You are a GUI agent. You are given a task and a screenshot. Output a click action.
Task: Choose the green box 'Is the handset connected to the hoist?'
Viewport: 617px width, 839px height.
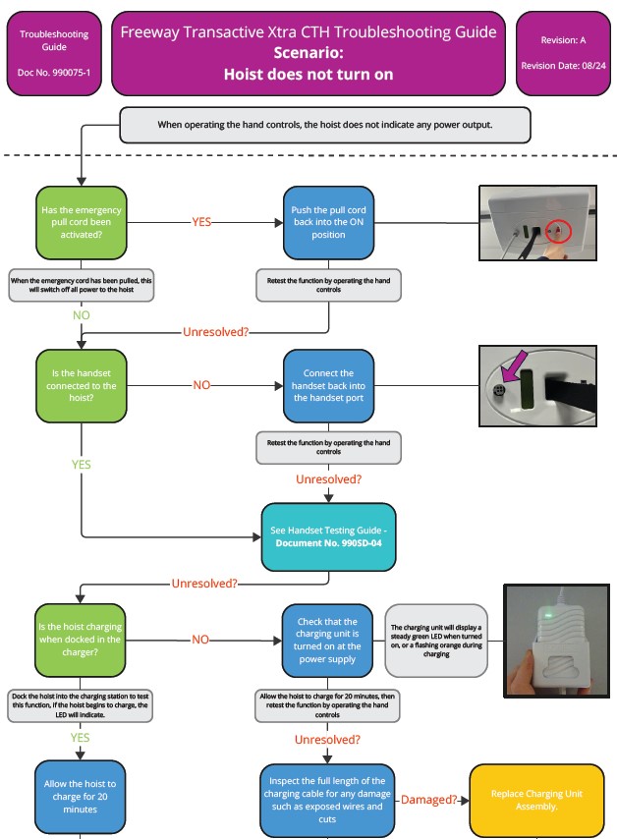(82, 386)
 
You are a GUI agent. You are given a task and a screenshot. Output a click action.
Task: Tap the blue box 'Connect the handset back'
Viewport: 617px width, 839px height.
(328, 386)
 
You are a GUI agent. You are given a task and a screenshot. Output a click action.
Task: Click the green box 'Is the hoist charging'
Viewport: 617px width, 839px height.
(82, 640)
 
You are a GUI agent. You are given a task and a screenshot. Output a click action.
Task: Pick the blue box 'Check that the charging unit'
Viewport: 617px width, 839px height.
(328, 640)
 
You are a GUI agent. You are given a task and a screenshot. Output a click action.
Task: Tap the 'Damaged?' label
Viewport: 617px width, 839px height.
(428, 800)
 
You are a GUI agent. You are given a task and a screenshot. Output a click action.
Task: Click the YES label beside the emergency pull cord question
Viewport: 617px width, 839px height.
(201, 222)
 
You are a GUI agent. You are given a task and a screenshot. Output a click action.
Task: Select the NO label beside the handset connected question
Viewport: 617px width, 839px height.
(201, 385)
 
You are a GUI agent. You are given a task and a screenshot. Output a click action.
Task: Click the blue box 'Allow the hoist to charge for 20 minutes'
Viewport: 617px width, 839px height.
(82, 797)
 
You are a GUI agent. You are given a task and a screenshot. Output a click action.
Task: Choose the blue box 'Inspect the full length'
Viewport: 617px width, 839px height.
(327, 800)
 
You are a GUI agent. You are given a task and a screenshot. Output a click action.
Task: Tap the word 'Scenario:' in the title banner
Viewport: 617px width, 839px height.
(308, 53)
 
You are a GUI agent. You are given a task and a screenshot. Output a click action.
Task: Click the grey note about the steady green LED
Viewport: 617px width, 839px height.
(437, 640)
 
